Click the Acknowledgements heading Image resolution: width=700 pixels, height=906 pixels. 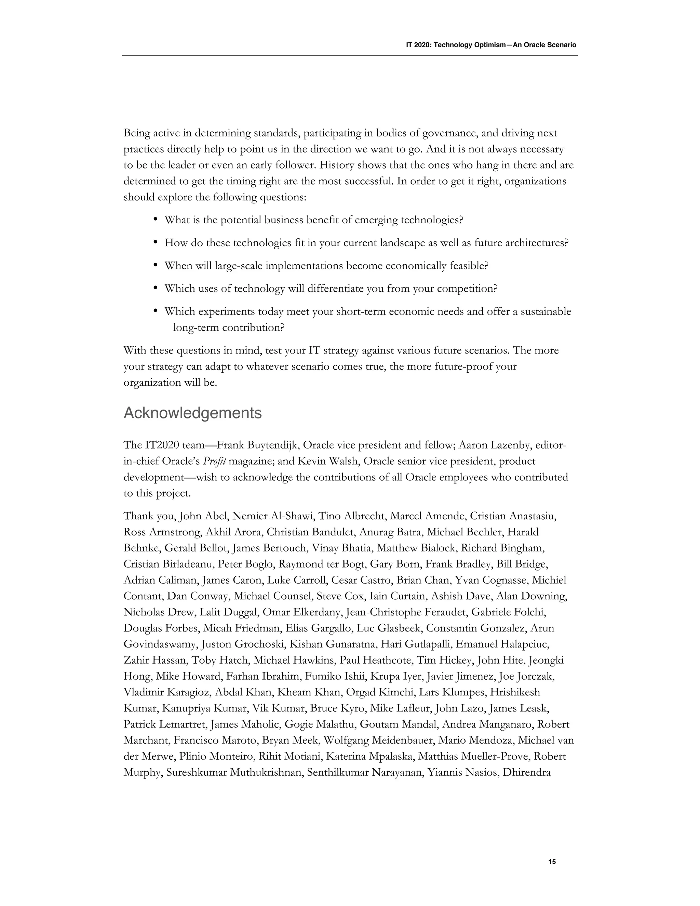click(192, 414)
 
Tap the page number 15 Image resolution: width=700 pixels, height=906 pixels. click(552, 862)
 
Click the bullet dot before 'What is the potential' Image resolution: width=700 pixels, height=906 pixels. click(156, 218)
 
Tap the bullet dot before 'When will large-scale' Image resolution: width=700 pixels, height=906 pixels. click(156, 264)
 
